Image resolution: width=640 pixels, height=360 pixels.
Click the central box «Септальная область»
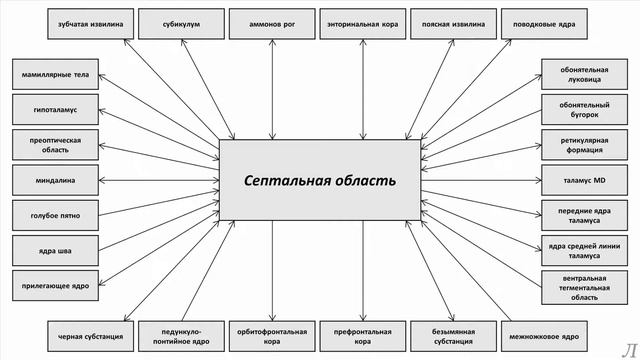click(320, 180)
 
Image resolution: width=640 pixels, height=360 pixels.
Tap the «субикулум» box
click(181, 21)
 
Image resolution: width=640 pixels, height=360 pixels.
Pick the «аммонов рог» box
click(273, 21)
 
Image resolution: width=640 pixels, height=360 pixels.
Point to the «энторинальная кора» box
click(363, 21)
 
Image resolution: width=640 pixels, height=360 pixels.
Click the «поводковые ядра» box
click(545, 21)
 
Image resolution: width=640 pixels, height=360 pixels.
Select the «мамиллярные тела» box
click(55, 73)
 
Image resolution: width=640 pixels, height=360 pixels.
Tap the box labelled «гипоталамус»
click(55, 108)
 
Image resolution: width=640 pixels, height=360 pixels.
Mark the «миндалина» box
click(55, 180)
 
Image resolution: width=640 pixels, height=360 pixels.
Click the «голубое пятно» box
click(55, 215)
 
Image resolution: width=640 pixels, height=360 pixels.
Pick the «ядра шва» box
click(55, 250)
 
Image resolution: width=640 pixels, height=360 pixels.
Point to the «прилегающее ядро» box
click(55, 286)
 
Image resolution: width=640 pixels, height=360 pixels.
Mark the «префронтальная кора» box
click(363, 337)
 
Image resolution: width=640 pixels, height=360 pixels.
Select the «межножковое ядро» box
click(545, 337)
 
